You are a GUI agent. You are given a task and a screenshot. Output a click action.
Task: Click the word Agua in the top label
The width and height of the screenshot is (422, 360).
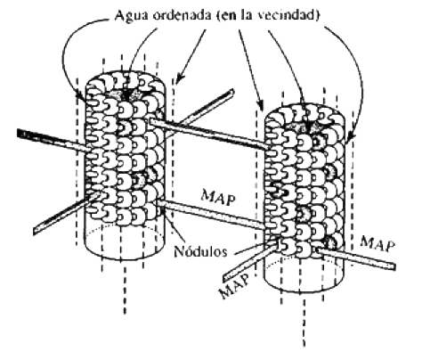[x=132, y=15]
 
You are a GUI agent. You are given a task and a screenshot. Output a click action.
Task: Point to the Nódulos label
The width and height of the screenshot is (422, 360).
[x=200, y=251]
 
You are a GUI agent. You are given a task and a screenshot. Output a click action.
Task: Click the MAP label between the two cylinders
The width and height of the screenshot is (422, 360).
[x=219, y=197]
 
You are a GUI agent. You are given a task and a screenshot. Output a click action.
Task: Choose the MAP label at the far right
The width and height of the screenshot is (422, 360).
[x=377, y=244]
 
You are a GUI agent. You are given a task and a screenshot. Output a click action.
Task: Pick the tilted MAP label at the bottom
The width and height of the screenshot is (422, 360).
[x=234, y=286]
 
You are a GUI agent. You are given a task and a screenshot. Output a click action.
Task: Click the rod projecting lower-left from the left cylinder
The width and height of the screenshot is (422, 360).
[x=65, y=214]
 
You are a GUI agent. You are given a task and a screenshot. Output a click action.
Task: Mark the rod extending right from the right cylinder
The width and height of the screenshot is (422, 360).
[x=356, y=258]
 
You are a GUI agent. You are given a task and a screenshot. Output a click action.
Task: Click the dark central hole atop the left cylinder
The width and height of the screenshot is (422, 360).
[x=127, y=94]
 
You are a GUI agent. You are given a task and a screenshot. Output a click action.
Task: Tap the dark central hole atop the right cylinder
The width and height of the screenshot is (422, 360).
[x=309, y=127]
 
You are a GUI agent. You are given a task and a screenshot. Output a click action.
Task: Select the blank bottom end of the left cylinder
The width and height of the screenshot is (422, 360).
[x=125, y=241]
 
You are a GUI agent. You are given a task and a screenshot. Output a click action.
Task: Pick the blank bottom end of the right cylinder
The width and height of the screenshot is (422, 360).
[x=304, y=274]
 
